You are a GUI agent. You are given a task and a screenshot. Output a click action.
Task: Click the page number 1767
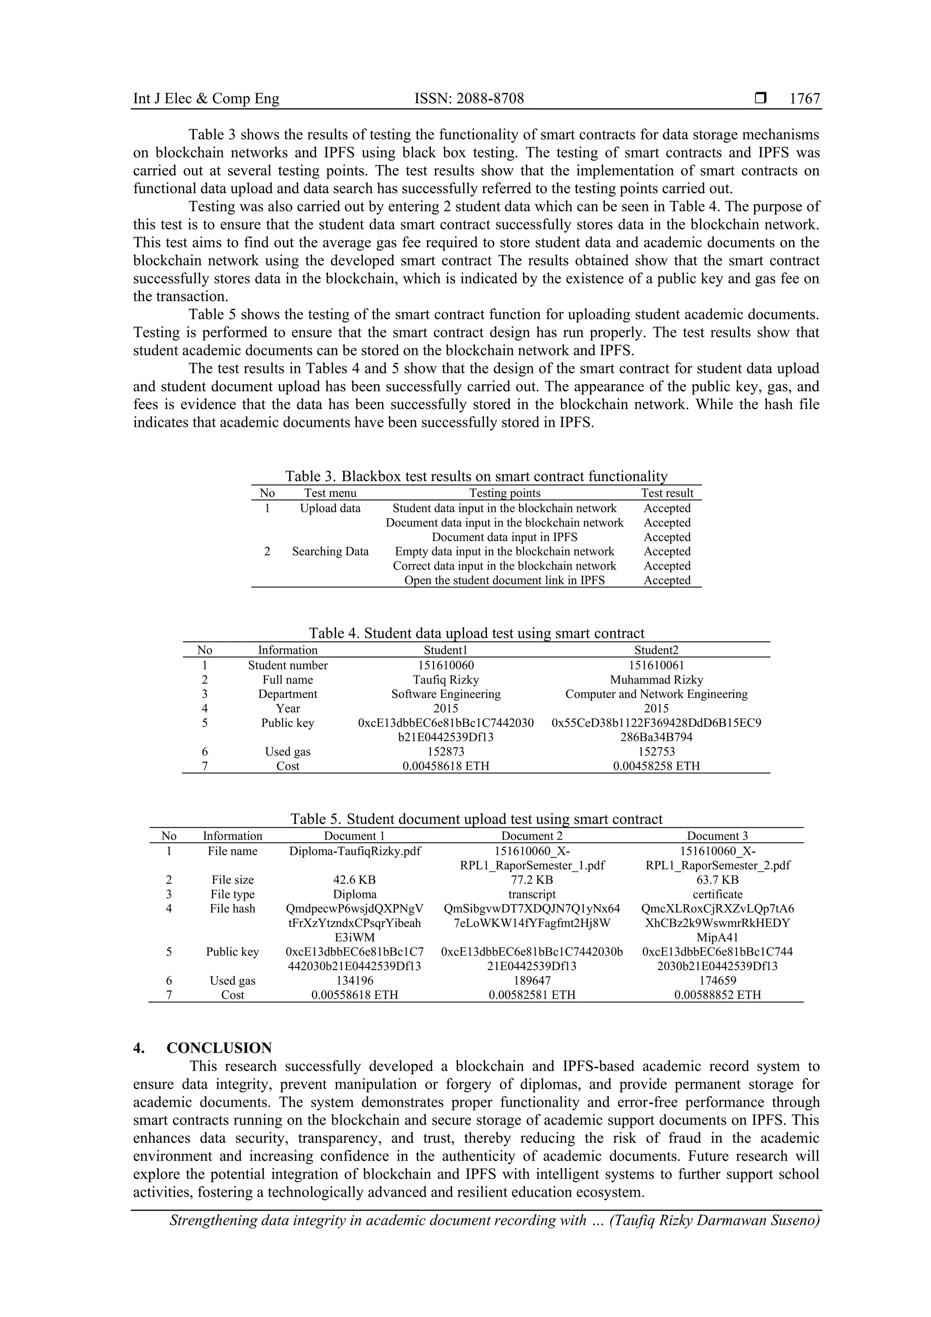point(805,99)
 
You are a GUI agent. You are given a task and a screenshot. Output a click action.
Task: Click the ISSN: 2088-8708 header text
point(469,99)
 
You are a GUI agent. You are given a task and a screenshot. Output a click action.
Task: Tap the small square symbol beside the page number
point(761,98)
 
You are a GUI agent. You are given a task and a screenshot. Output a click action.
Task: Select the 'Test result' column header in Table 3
point(667,493)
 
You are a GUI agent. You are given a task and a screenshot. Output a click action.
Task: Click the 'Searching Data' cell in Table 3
point(330,551)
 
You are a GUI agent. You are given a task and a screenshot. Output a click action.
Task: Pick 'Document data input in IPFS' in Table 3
point(504,537)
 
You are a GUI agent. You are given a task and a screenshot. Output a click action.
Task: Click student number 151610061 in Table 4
point(656,666)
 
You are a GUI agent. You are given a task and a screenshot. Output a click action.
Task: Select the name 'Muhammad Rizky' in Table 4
point(656,680)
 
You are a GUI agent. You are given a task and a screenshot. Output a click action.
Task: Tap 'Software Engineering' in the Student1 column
point(445,694)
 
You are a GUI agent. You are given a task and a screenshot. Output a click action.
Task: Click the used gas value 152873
point(445,751)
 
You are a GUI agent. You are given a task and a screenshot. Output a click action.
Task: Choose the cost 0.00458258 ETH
point(656,766)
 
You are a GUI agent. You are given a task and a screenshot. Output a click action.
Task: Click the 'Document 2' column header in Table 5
point(532,836)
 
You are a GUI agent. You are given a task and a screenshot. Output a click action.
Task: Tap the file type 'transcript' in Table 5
point(532,894)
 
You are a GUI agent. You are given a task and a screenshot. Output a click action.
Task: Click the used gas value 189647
point(532,980)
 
